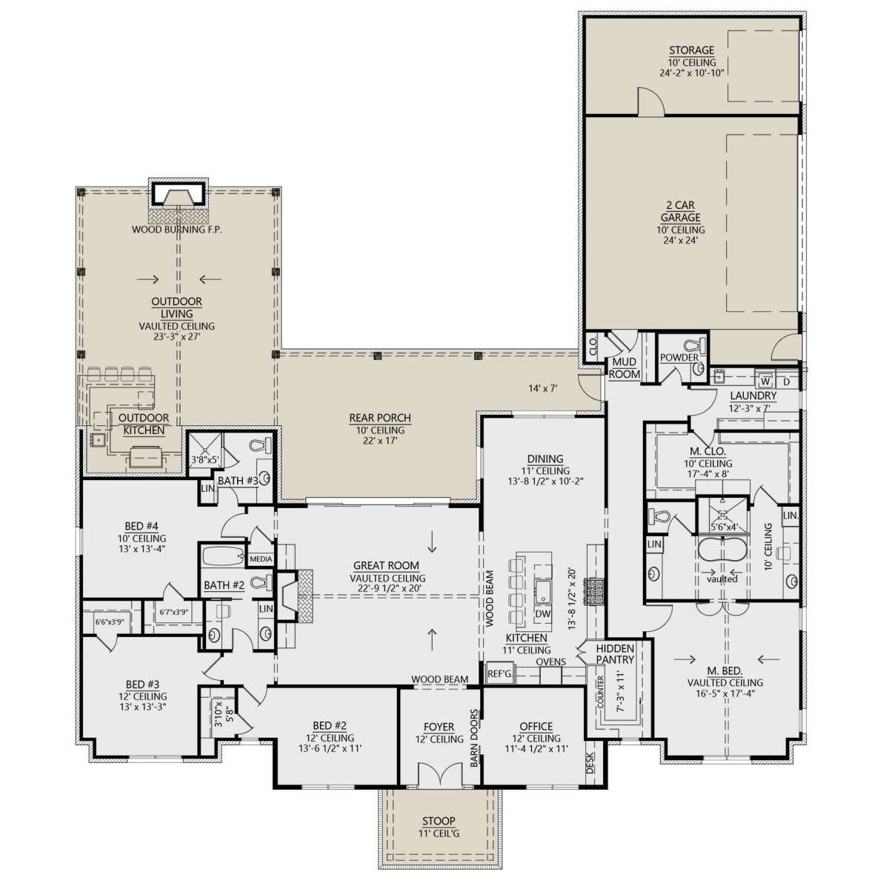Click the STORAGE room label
pos(691,50)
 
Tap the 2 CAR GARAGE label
pos(681,211)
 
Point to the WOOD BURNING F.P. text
pos(177,230)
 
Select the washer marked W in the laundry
pos(765,382)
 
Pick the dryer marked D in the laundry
pos(787,382)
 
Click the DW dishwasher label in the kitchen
pos(543,614)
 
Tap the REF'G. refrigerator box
pos(500,674)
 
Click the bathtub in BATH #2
pos(223,556)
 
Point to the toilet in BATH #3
pos(261,445)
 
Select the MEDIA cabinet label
pos(261,559)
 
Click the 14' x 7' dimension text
pos(543,388)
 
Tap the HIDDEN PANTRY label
pos(615,654)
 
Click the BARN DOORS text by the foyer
pos(474,739)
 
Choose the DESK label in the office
pos(590,764)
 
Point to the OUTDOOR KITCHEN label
pos(144,424)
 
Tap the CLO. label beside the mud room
pos(593,346)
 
